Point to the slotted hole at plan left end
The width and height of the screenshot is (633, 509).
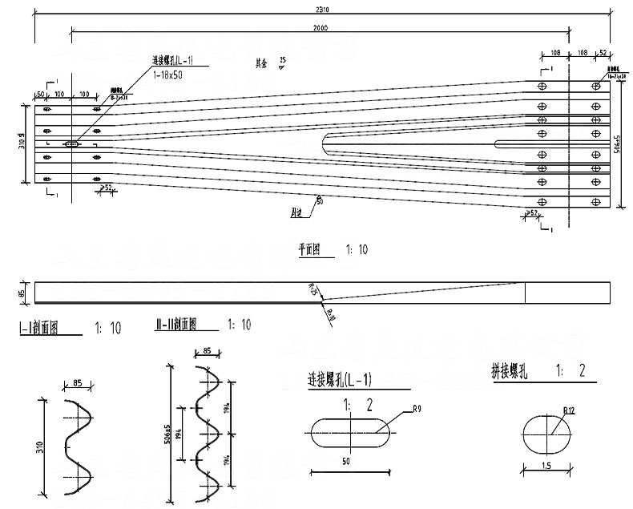[71, 144]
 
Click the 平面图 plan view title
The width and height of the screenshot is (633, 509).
[308, 250]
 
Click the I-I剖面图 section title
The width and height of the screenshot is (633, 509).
[40, 329]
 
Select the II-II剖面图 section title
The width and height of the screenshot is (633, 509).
[176, 325]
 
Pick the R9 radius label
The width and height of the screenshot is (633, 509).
[417, 410]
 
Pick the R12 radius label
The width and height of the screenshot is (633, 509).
[569, 410]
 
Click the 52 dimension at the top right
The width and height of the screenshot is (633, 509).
[602, 51]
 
